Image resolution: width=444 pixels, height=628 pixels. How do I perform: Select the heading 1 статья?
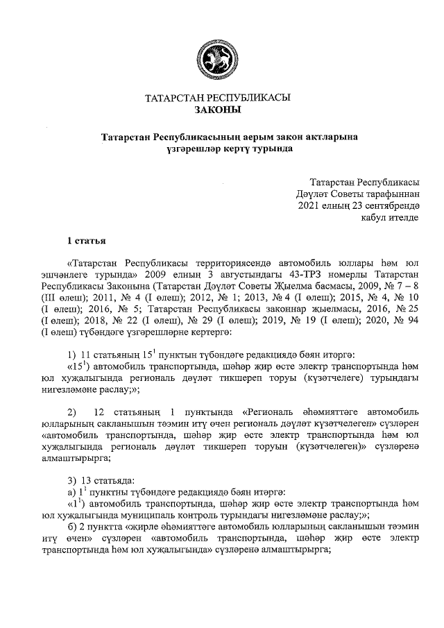pyautogui.click(x=86, y=241)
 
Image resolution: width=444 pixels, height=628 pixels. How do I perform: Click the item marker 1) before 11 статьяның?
pyautogui.click(x=71, y=355)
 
